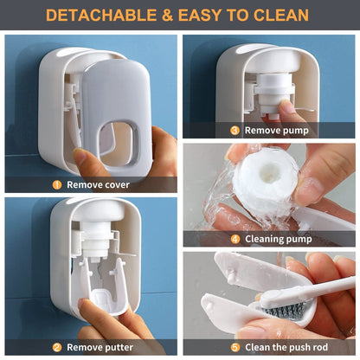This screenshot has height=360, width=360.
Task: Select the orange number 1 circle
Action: pyautogui.click(x=57, y=184)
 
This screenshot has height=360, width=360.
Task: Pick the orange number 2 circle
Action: pyautogui.click(x=56, y=348)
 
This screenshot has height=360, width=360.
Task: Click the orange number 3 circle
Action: pyautogui.click(x=235, y=131)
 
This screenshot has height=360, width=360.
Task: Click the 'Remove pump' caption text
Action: pyautogui.click(x=276, y=131)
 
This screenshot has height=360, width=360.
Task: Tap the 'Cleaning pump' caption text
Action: pyautogui.click(x=277, y=239)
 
